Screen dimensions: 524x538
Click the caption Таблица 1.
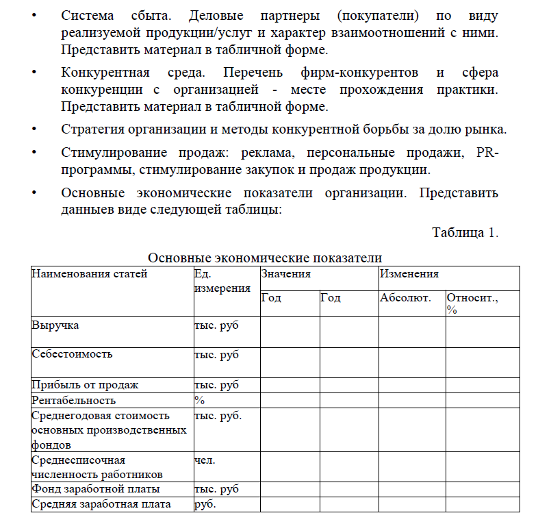coord(465,232)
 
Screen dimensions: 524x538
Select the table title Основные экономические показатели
coord(265,258)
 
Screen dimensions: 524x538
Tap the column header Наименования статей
coord(89,274)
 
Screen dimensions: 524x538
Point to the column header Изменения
coord(409,274)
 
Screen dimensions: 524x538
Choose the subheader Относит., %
coord(472,303)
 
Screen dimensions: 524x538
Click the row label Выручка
coord(55,325)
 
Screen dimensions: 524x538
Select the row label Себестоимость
coord(72,354)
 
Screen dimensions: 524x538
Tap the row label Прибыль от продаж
coord(85,385)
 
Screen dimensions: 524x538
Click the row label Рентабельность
coord(74,400)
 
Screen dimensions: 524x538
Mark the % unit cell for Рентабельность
coord(200,400)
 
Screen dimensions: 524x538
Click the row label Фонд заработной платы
coord(96,490)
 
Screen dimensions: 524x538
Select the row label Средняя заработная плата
coord(101,505)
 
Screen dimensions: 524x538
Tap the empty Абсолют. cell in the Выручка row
coord(411,332)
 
